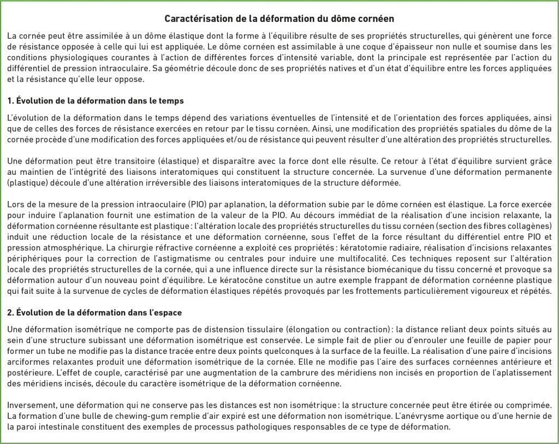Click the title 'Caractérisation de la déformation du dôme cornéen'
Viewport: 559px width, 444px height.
tap(279, 19)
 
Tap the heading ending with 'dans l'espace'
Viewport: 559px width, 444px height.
tap(95, 312)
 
